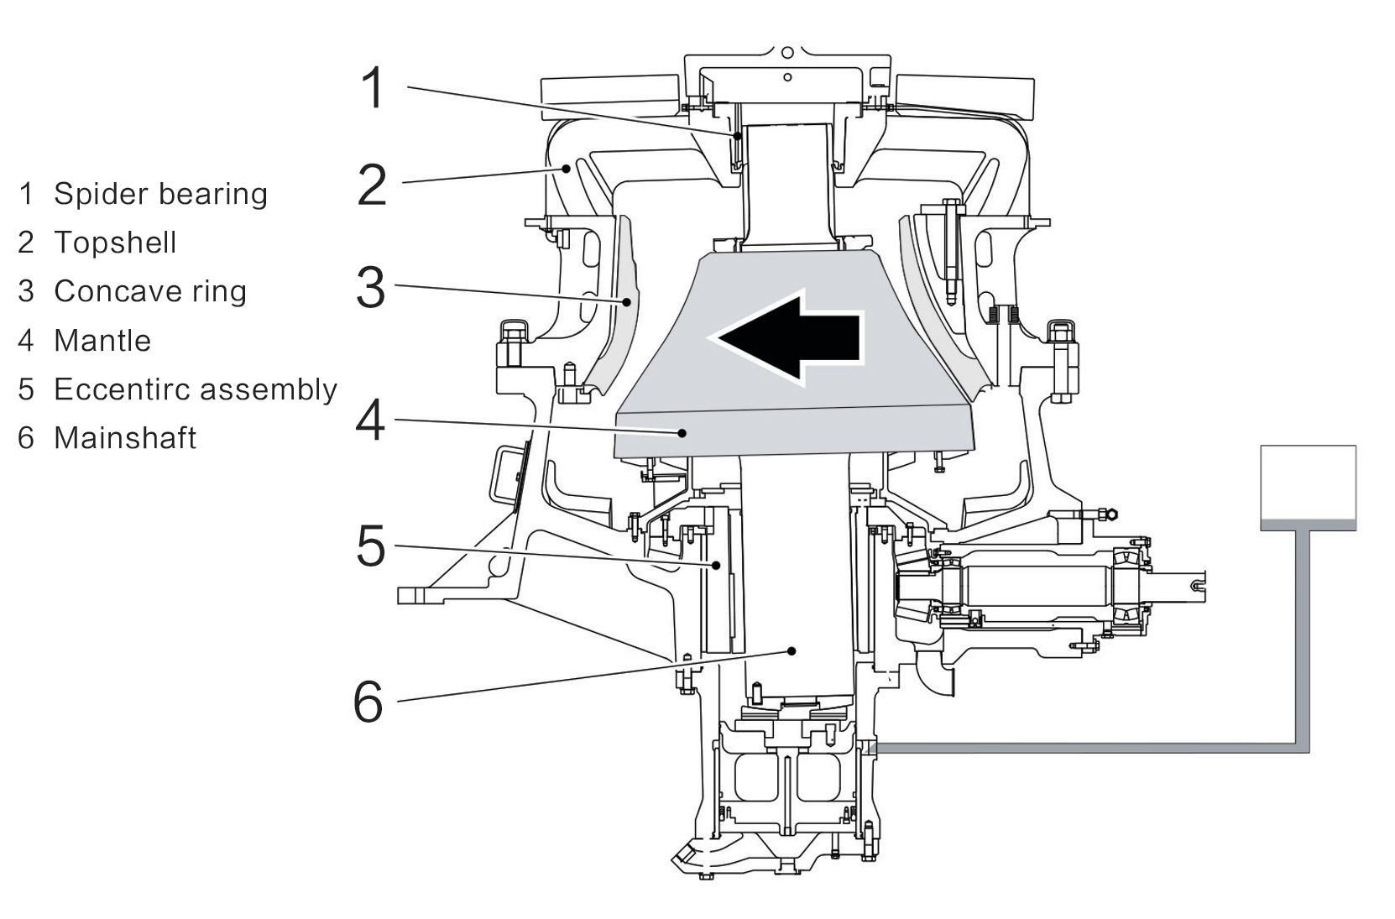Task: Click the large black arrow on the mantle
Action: click(788, 338)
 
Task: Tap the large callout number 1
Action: click(373, 88)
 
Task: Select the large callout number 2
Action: click(372, 185)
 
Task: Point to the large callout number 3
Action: click(370, 288)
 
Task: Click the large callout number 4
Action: click(370, 420)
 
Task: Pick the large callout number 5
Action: click(370, 546)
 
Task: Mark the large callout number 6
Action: click(368, 701)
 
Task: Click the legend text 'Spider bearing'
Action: click(160, 194)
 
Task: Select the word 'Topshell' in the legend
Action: click(115, 243)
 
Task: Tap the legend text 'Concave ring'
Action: click(150, 291)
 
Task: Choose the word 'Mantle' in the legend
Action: click(102, 341)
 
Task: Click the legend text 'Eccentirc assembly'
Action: click(196, 389)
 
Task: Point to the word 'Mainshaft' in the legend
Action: click(125, 438)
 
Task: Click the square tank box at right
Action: click(1309, 488)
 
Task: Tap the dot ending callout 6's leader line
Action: click(792, 651)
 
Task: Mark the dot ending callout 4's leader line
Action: click(682, 433)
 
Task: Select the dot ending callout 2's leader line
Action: click(566, 168)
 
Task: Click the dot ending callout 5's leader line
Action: click(716, 566)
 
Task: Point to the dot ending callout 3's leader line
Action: click(627, 302)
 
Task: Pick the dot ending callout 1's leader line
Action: click(737, 136)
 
